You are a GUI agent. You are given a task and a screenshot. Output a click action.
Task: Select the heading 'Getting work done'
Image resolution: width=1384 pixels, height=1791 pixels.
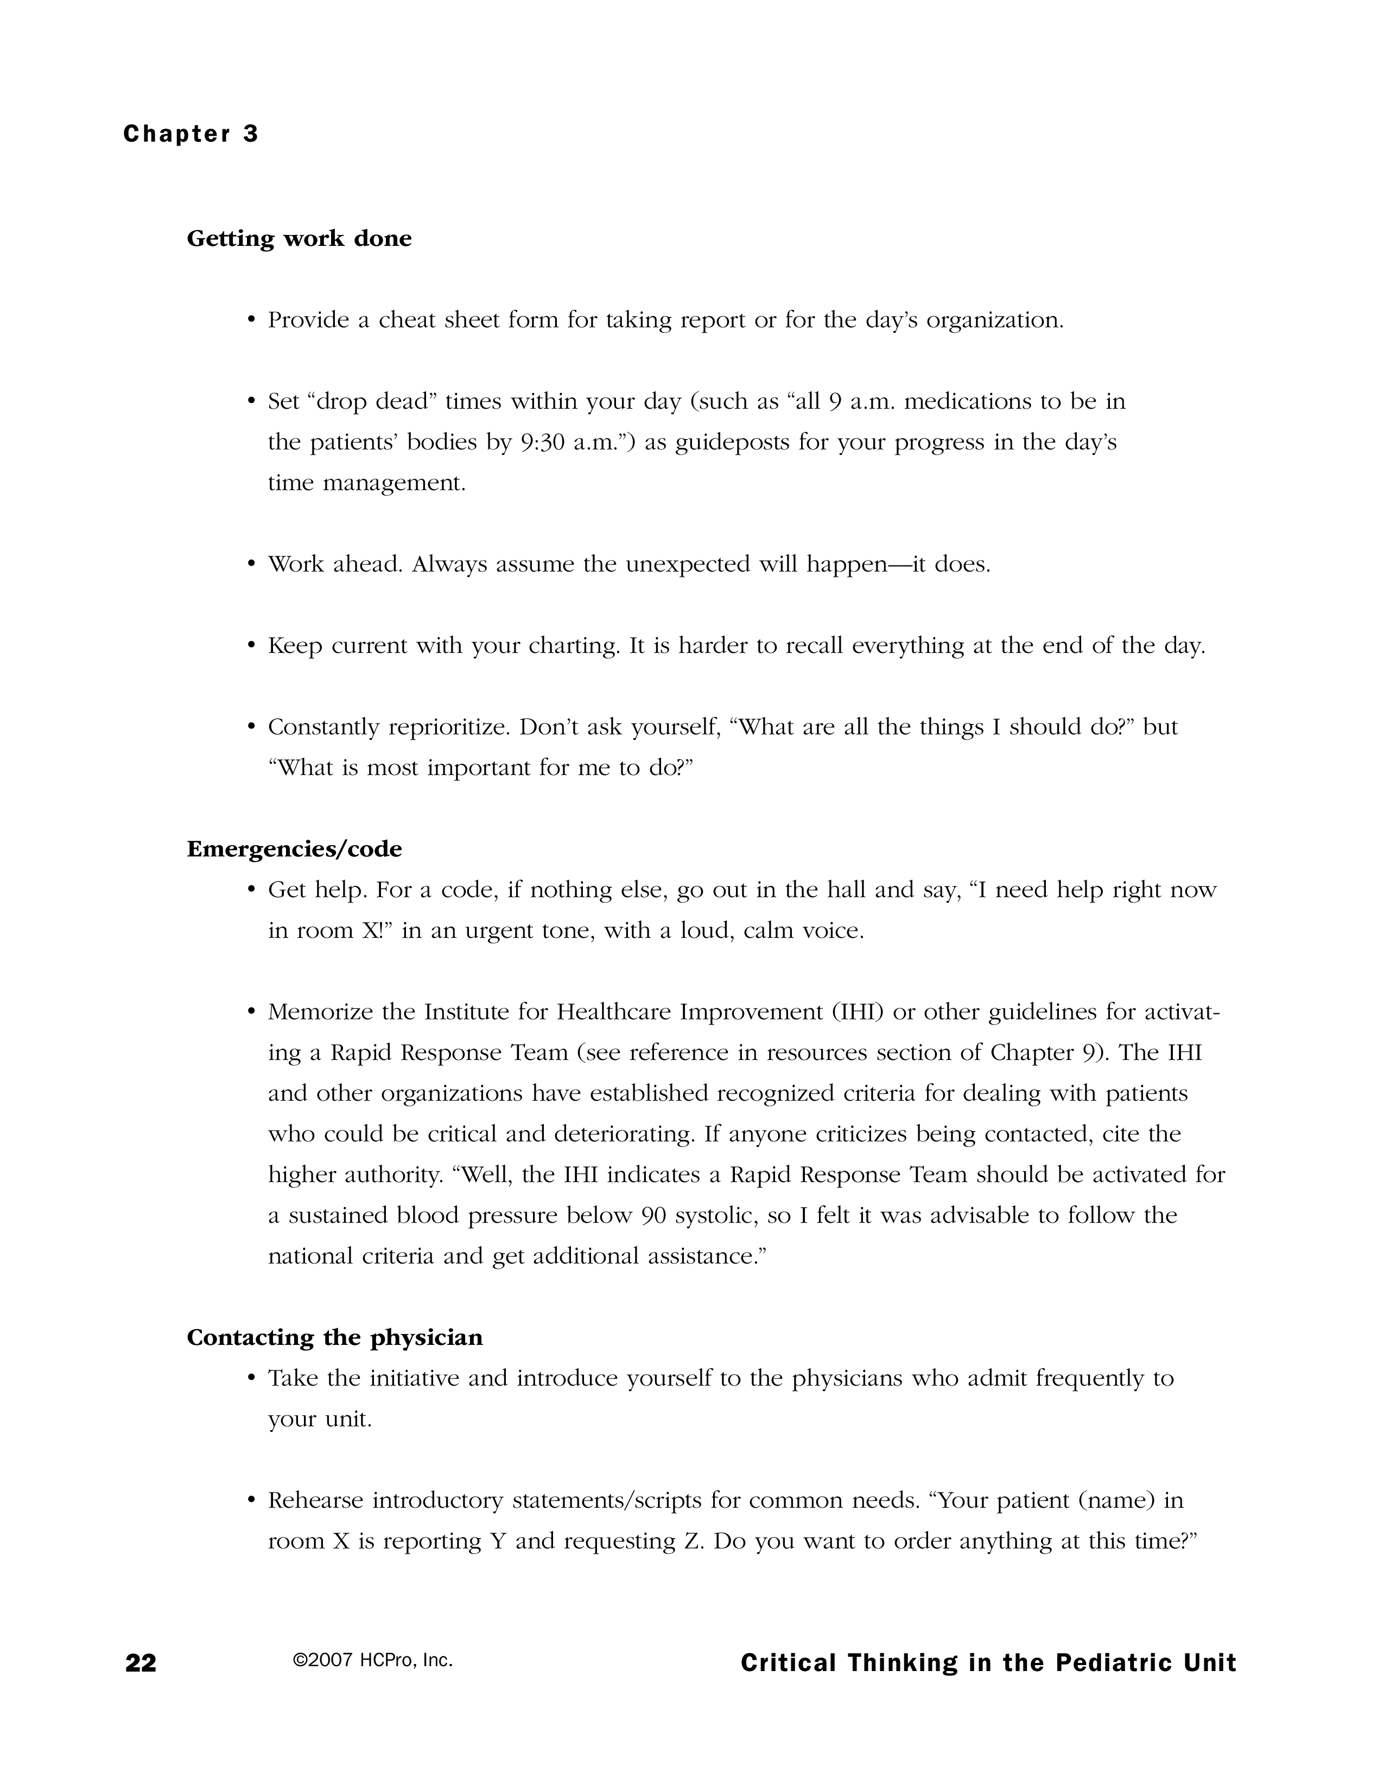[299, 239]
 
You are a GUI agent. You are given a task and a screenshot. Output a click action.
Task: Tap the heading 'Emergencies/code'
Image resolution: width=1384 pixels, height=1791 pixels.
[294, 849]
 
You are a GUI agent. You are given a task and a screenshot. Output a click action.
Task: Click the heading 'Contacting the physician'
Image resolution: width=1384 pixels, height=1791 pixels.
[334, 1337]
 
